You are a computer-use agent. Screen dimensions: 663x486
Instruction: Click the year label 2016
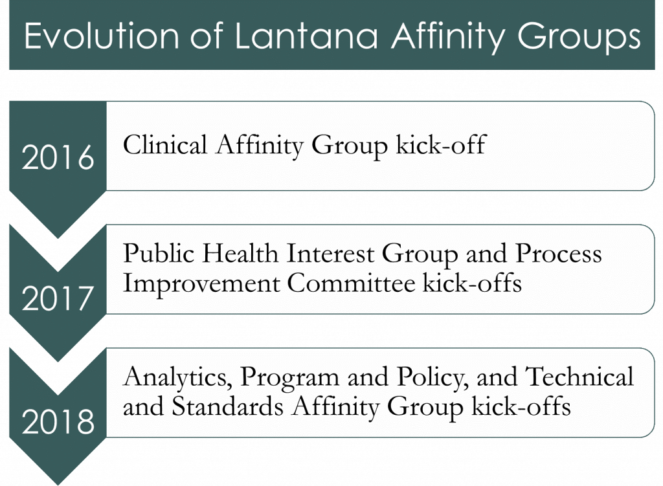[x=58, y=157]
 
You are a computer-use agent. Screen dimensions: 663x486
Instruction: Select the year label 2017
[x=58, y=298]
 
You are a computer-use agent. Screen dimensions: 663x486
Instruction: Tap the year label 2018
[x=58, y=421]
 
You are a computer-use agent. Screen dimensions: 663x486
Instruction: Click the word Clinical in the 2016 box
[x=165, y=145]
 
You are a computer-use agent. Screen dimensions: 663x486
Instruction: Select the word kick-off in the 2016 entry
[x=441, y=145]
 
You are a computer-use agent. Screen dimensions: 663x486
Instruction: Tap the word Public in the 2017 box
[x=158, y=254]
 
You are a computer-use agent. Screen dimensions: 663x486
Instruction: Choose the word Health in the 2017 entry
[x=240, y=254]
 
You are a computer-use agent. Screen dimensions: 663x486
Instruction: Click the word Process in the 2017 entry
[x=558, y=254]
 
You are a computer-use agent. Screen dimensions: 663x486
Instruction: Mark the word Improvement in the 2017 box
[x=201, y=284]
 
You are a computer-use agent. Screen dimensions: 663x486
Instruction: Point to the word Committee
[x=352, y=283]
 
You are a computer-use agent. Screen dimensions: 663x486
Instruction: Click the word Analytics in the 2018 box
[x=177, y=377]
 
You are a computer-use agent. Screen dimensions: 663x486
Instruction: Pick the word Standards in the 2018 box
[x=227, y=406]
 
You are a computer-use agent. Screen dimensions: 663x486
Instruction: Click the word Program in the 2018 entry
[x=289, y=378]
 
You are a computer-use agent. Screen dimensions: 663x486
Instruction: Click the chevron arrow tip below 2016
[x=58, y=238]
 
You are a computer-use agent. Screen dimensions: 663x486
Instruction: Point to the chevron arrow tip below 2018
[x=58, y=484]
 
